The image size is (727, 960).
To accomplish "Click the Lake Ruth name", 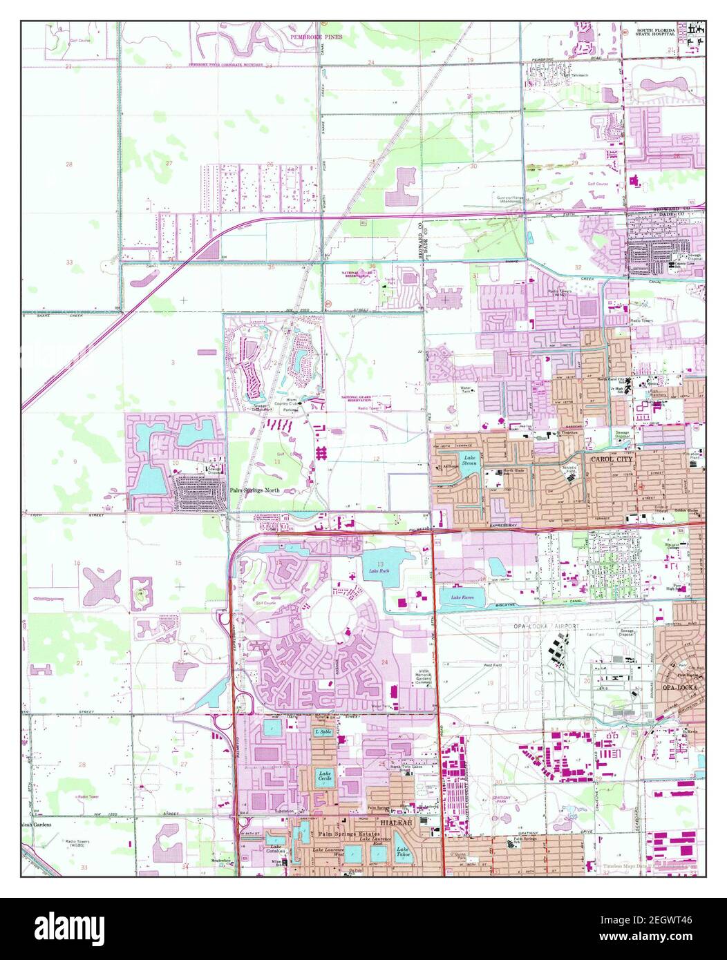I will (379, 570).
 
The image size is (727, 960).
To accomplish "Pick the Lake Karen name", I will (461, 597).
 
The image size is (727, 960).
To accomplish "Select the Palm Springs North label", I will (250, 489).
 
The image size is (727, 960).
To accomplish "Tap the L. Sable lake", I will (321, 732).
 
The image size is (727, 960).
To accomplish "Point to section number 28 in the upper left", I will (69, 164).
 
